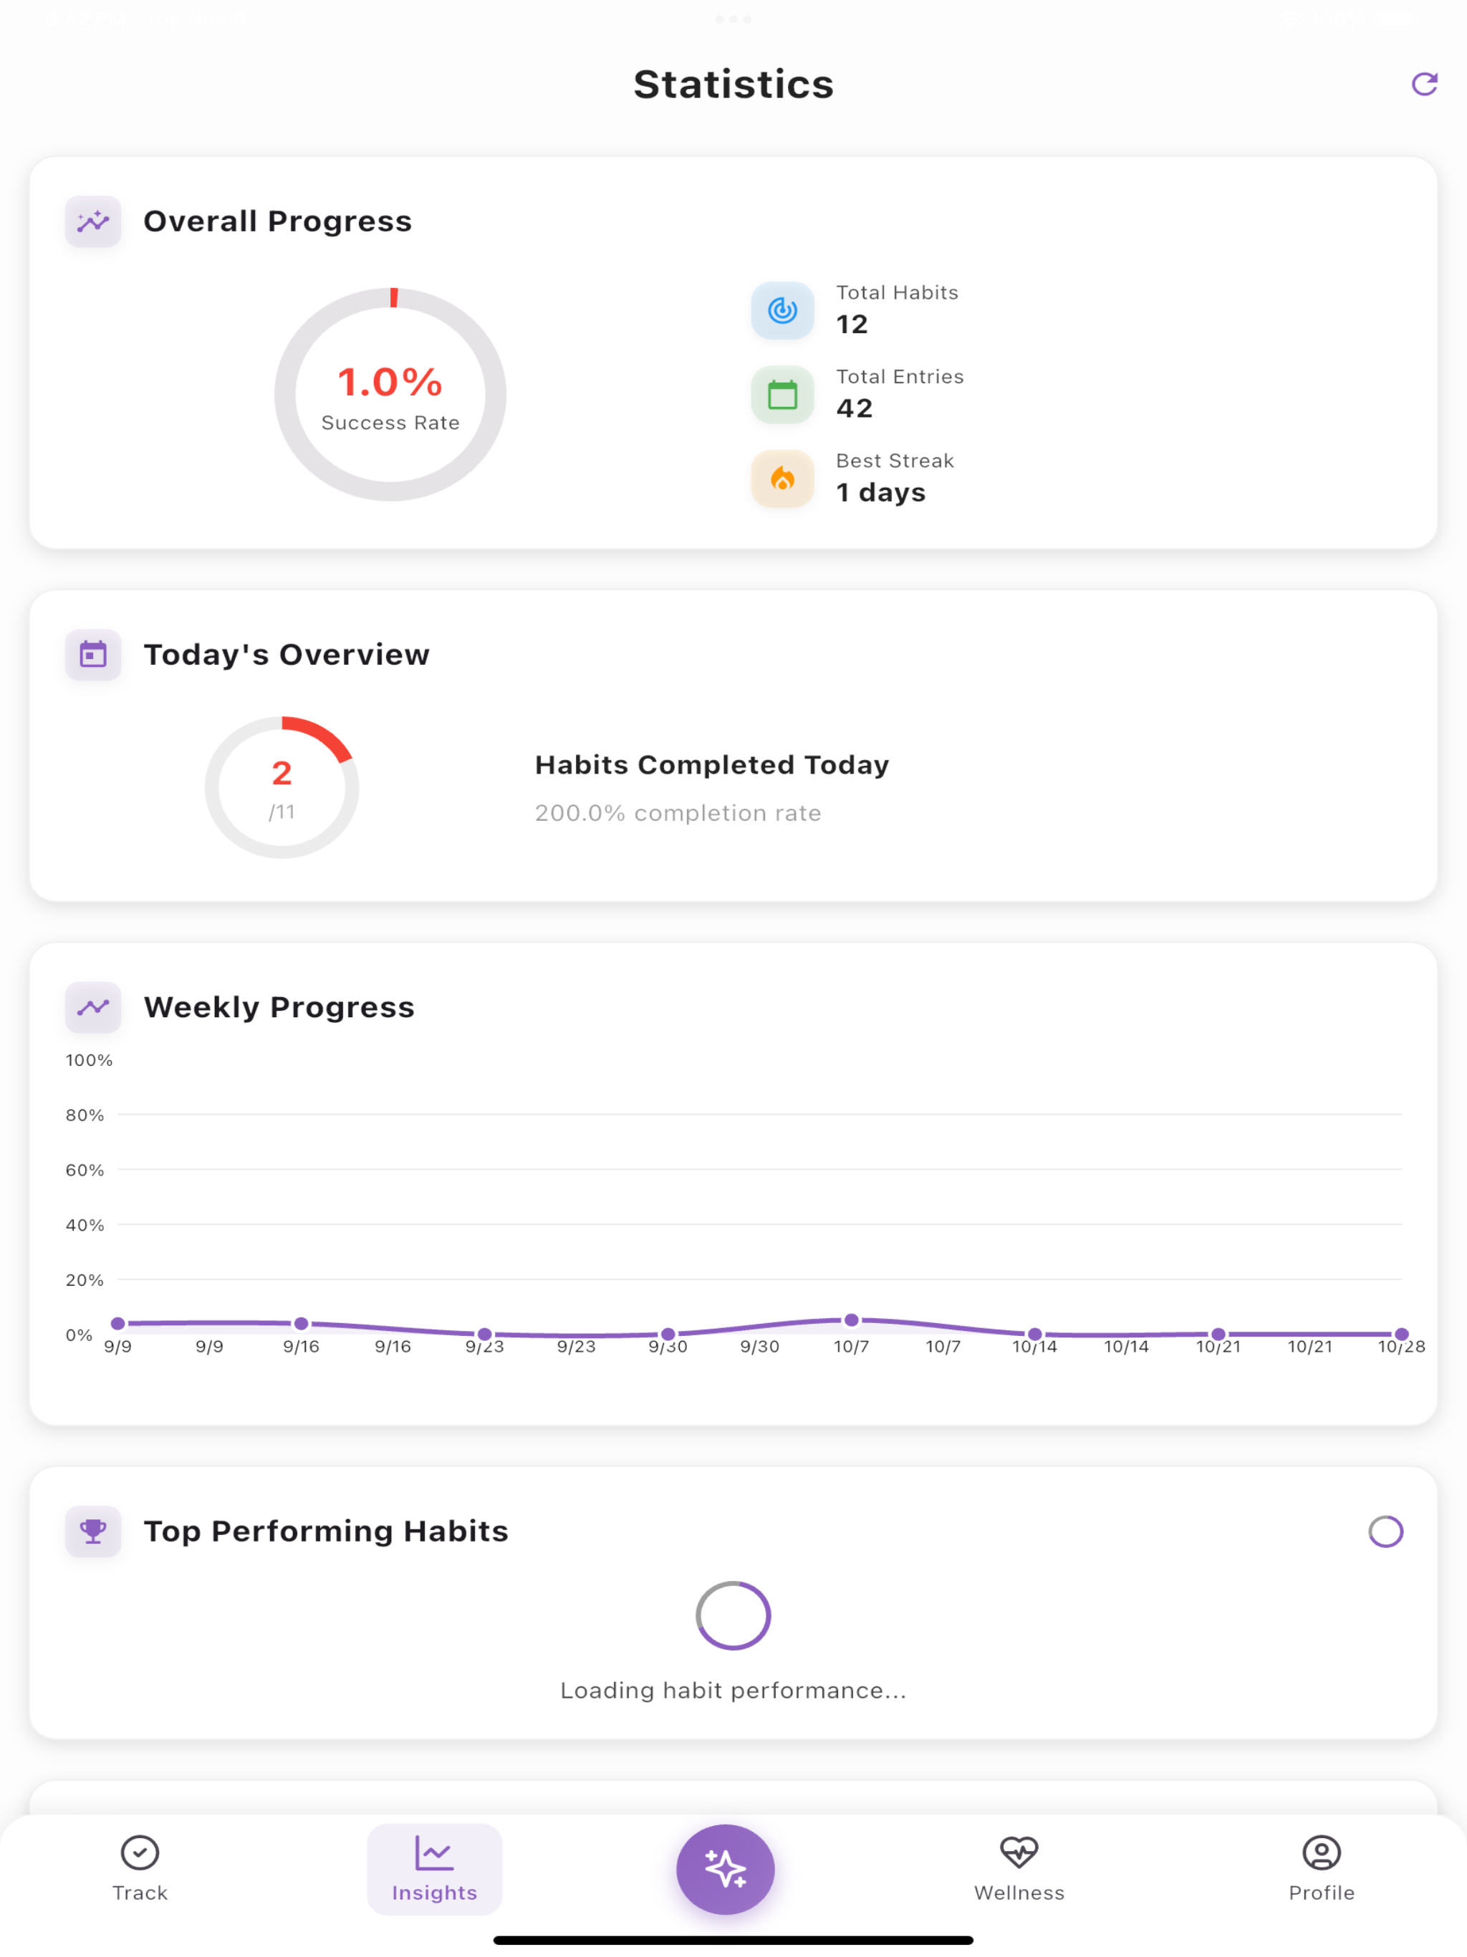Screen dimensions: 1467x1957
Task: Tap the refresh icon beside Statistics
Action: pos(1423,84)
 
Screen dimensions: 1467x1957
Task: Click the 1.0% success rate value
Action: pos(390,383)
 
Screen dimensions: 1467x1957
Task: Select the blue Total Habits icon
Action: pos(782,311)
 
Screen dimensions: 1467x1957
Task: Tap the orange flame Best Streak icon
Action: pos(782,479)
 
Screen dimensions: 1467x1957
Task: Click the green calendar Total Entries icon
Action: pos(782,395)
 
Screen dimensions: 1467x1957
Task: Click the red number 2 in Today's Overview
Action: pos(282,773)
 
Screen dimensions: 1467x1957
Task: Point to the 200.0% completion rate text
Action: pos(678,813)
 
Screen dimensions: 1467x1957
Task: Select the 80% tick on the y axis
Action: pos(85,1115)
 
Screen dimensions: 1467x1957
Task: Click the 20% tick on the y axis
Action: pos(85,1279)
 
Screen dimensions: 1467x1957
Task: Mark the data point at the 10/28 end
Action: pos(1402,1335)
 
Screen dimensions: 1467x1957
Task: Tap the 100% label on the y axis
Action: pos(90,1060)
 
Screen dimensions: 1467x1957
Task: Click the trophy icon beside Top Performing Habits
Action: pos(93,1531)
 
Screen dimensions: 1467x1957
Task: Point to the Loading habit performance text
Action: pos(733,1691)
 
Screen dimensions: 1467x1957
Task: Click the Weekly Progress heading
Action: pos(279,1007)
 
